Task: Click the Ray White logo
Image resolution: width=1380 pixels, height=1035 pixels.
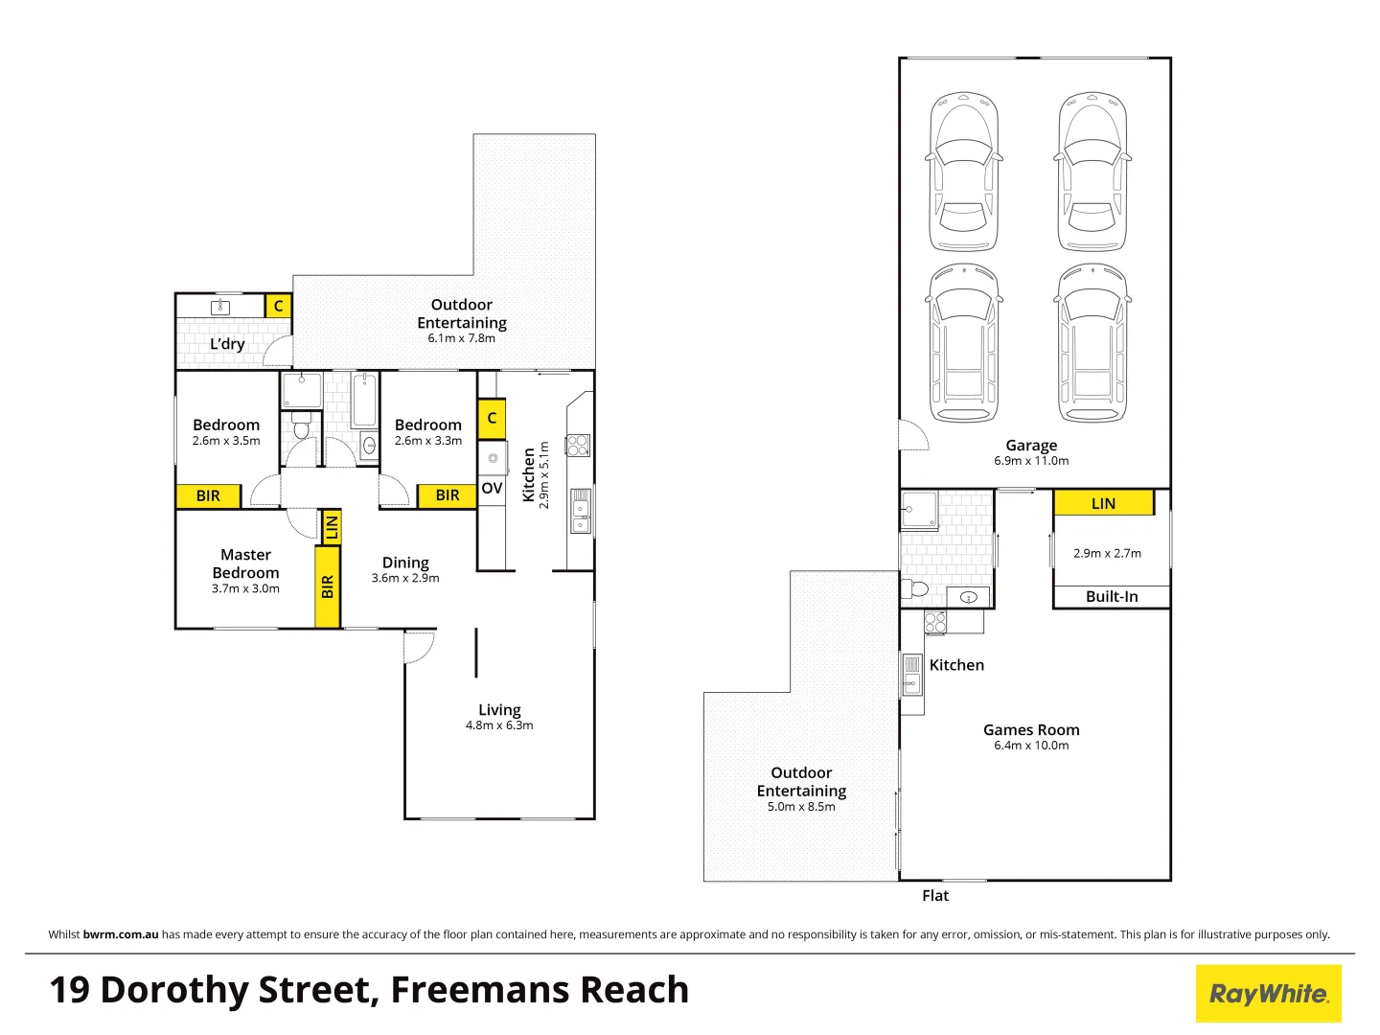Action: click(1268, 994)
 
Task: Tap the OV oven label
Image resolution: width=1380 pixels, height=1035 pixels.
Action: click(492, 489)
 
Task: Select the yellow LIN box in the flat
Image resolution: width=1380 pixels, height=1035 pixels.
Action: click(1103, 503)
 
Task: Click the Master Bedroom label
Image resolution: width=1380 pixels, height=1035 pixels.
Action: click(246, 563)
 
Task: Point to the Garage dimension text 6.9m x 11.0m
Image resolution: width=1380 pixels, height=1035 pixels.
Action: click(1031, 461)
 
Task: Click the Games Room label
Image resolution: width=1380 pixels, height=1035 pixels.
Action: click(1031, 730)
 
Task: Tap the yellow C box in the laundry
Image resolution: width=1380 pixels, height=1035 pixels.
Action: click(278, 306)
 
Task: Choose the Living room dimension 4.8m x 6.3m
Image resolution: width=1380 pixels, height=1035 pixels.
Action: click(499, 725)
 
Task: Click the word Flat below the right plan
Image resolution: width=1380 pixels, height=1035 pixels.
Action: click(935, 896)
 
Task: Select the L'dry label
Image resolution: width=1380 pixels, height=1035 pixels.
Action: click(227, 344)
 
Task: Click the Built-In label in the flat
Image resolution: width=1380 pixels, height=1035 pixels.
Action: click(1112, 597)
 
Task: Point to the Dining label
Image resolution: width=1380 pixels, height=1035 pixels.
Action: click(405, 563)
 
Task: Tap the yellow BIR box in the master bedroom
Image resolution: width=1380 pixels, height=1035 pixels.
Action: click(328, 586)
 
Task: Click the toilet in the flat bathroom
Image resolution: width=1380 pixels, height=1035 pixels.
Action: click(917, 587)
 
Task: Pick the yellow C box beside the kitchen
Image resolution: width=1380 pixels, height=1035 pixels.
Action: click(492, 419)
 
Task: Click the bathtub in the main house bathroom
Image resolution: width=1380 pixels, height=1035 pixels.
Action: click(365, 401)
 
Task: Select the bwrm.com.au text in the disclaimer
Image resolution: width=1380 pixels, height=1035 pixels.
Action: click(121, 934)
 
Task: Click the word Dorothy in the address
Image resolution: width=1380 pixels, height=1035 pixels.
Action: click(238, 990)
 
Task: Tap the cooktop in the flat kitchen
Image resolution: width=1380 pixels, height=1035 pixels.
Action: click(935, 623)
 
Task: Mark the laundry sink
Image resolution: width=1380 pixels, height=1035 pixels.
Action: click(220, 307)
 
